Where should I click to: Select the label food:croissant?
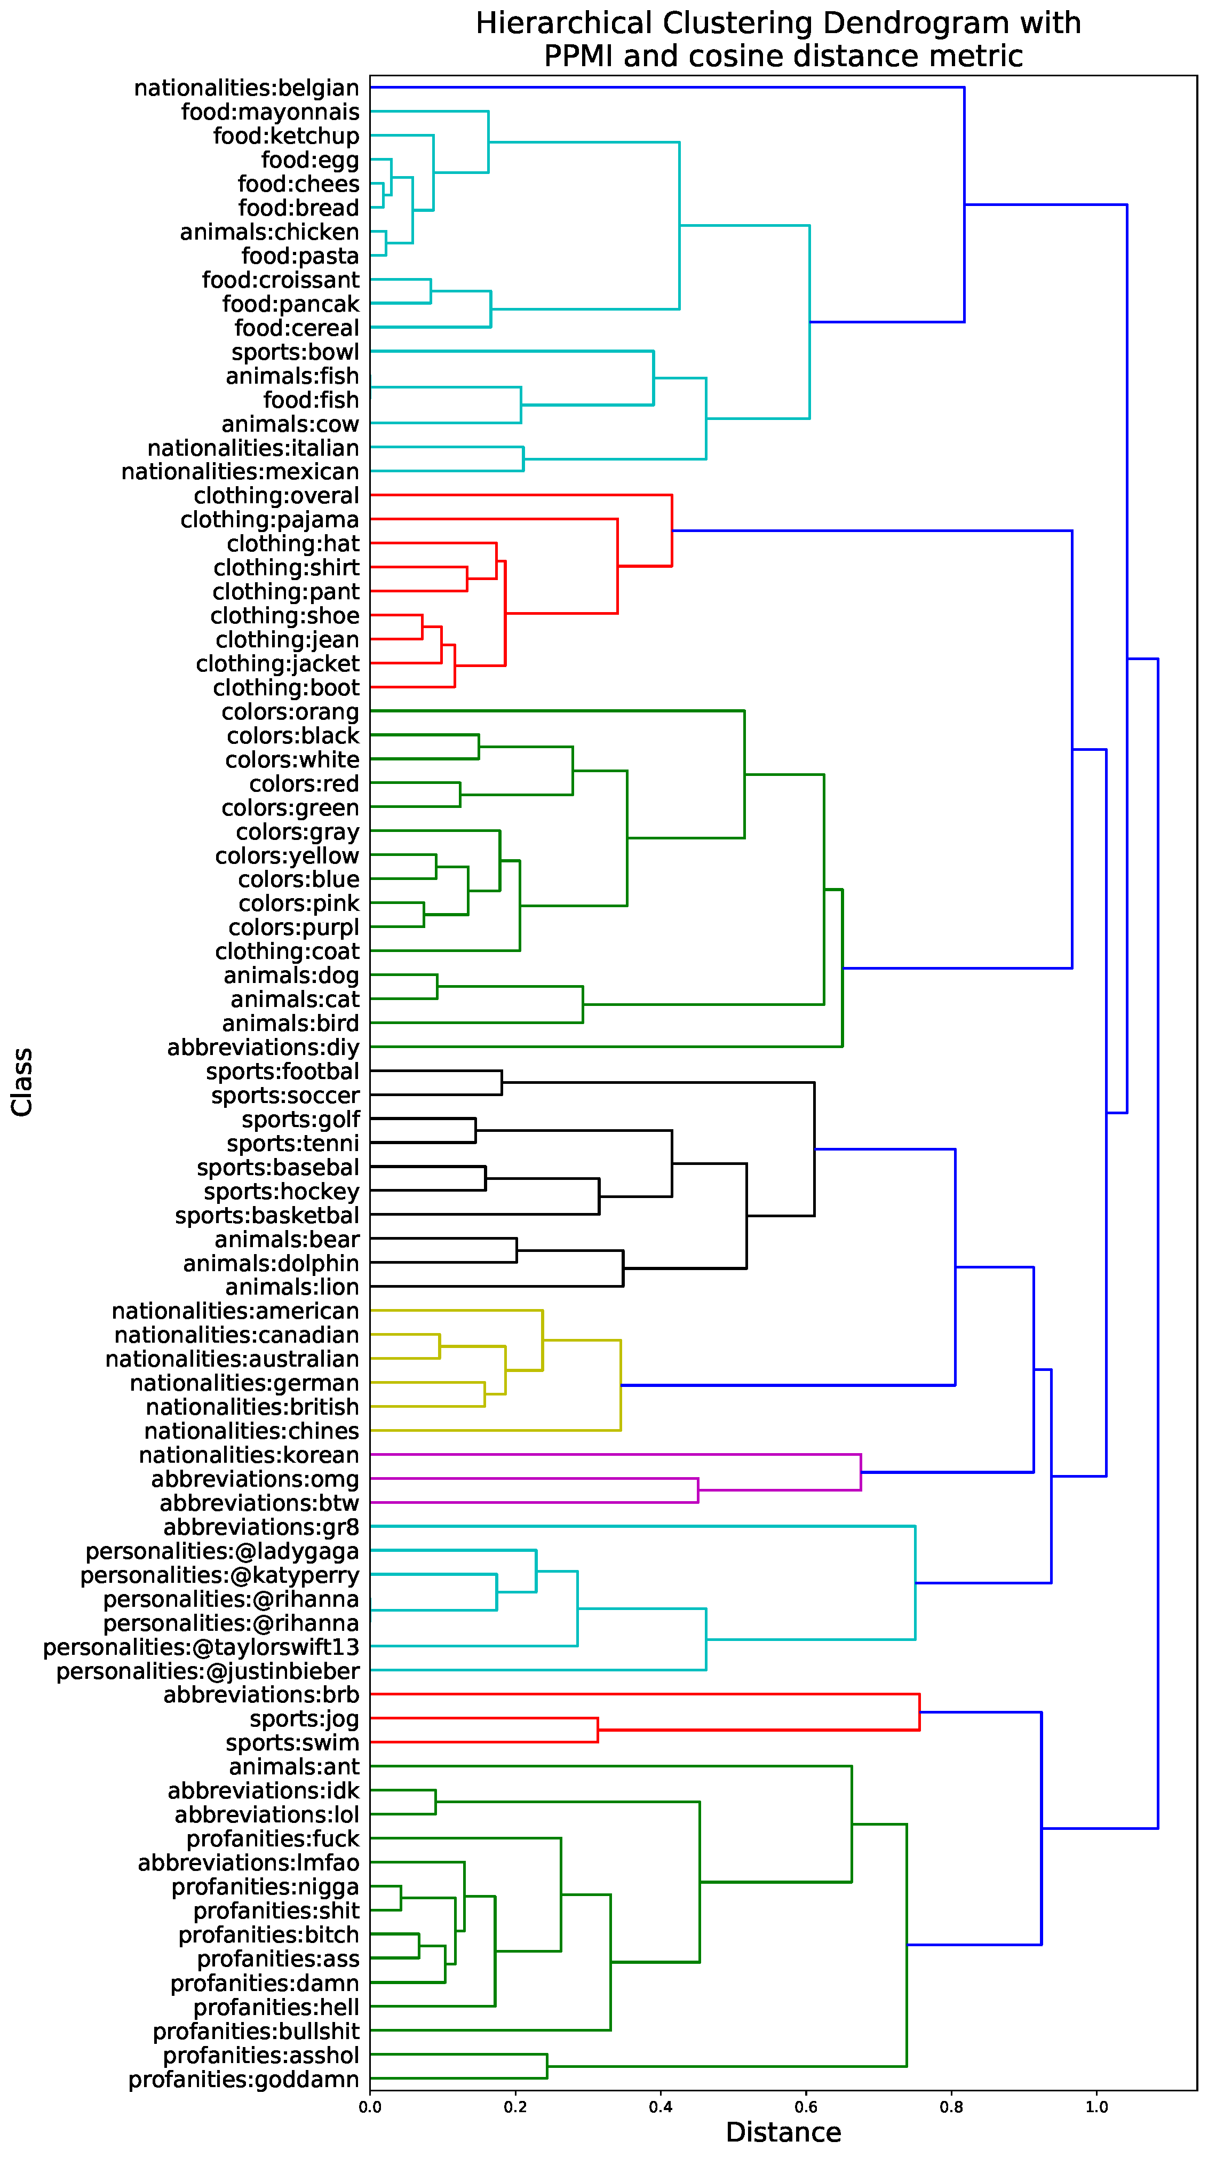click(x=281, y=280)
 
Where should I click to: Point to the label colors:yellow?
click(x=287, y=856)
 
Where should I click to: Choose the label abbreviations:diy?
click(x=263, y=1048)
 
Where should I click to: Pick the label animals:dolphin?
click(x=271, y=1264)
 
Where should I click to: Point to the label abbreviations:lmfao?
click(x=249, y=1863)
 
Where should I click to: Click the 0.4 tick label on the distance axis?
click(x=661, y=2107)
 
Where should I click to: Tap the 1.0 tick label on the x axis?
click(x=1096, y=2107)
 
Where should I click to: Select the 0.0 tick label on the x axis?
click(x=370, y=2107)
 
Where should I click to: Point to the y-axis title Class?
click(x=22, y=1081)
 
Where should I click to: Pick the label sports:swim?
click(x=292, y=1743)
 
